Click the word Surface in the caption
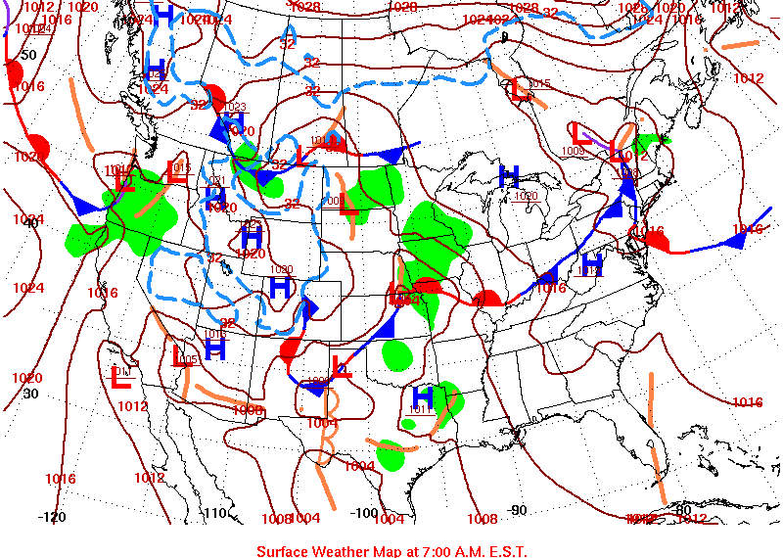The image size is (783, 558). tap(284, 550)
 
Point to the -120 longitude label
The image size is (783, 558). tap(52, 517)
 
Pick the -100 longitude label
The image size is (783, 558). tap(364, 512)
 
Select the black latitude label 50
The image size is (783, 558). tap(27, 55)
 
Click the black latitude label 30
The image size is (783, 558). tap(30, 394)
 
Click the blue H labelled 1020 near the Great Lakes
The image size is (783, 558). tap(508, 176)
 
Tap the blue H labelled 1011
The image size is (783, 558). tap(423, 397)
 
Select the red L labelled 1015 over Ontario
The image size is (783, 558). tap(521, 90)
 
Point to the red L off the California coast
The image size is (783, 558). tap(121, 376)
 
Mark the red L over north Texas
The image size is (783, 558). tap(342, 368)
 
